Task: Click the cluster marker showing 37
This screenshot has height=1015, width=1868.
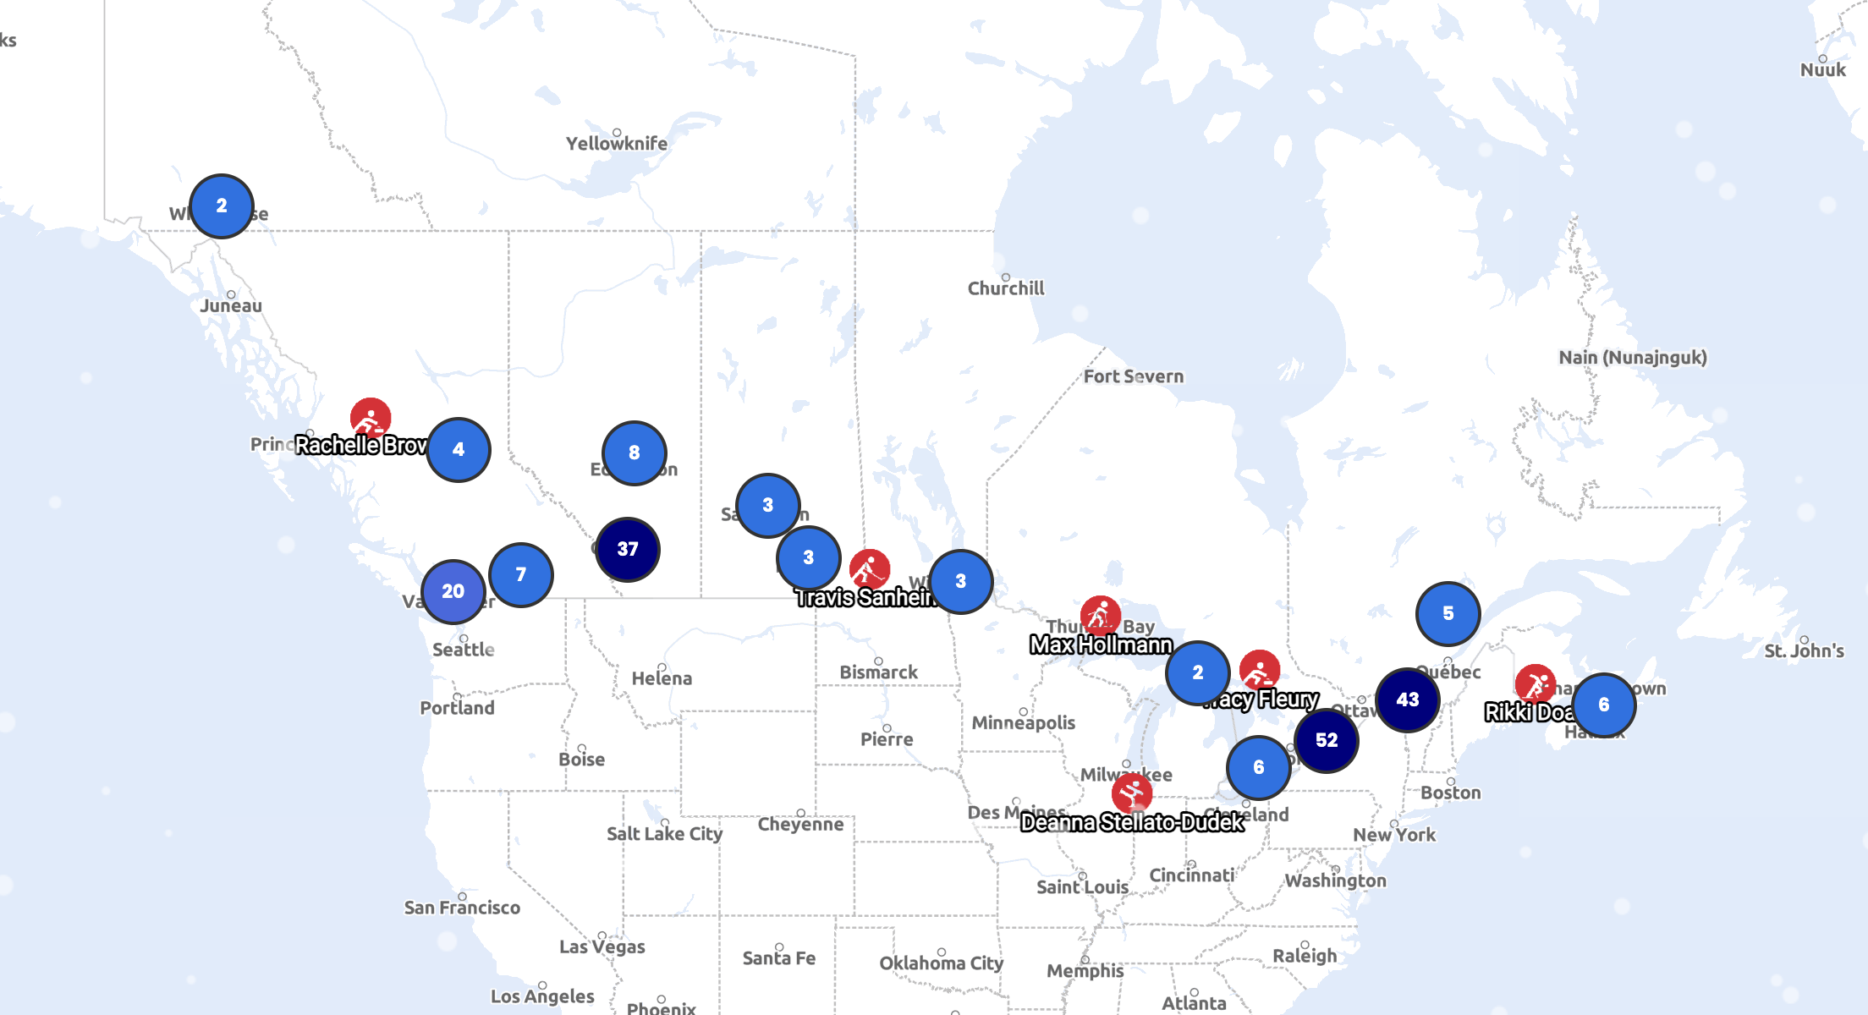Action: point(627,550)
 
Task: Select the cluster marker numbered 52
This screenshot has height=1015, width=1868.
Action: point(1326,741)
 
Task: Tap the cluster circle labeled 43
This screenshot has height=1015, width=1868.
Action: point(1407,700)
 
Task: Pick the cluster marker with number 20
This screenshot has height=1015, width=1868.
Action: point(453,592)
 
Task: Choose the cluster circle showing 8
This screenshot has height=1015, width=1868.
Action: point(634,453)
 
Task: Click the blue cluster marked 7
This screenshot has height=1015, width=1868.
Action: point(520,575)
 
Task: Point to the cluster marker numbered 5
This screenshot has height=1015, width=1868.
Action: point(1448,614)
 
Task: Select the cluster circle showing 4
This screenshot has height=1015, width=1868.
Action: point(458,450)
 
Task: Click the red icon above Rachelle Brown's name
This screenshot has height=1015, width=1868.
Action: point(371,418)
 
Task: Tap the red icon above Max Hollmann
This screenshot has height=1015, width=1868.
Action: point(1100,616)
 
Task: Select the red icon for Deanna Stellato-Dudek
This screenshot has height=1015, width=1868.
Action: point(1131,793)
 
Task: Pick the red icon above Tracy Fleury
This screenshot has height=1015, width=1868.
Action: point(1259,671)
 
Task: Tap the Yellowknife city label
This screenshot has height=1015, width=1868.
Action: point(616,144)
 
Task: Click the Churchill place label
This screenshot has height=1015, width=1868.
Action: point(1005,288)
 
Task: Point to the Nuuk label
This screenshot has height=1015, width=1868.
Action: point(1822,70)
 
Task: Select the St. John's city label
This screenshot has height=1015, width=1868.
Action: point(1804,651)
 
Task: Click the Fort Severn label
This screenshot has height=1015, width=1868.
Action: point(1133,376)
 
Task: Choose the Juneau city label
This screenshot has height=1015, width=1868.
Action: point(231,306)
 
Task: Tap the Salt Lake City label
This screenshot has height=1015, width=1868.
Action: point(664,834)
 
